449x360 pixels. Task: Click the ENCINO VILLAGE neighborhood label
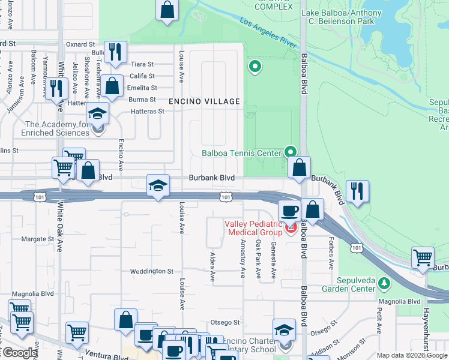[204, 101]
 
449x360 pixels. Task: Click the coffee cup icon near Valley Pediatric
[289, 211]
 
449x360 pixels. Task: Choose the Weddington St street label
[151, 271]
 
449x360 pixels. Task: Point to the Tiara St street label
[142, 64]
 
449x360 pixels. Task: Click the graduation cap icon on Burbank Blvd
[158, 186]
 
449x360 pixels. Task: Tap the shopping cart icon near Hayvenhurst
[423, 258]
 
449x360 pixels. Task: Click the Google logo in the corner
[19, 353]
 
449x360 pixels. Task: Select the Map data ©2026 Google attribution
[412, 355]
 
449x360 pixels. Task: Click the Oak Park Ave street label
[259, 259]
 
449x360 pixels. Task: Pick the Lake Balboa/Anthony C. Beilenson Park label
[341, 17]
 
